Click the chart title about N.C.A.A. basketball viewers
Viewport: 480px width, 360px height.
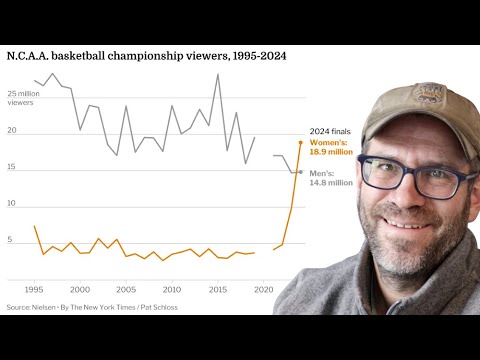(147, 56)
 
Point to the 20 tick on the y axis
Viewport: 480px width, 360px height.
(12, 131)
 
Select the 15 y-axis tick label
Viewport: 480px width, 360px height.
(12, 167)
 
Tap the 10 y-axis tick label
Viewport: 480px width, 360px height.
(12, 203)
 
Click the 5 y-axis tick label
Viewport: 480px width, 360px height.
(10, 240)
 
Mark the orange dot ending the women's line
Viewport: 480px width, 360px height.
(300, 142)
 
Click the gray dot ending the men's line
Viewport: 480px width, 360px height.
(300, 172)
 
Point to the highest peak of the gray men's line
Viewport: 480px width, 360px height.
(218, 74)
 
